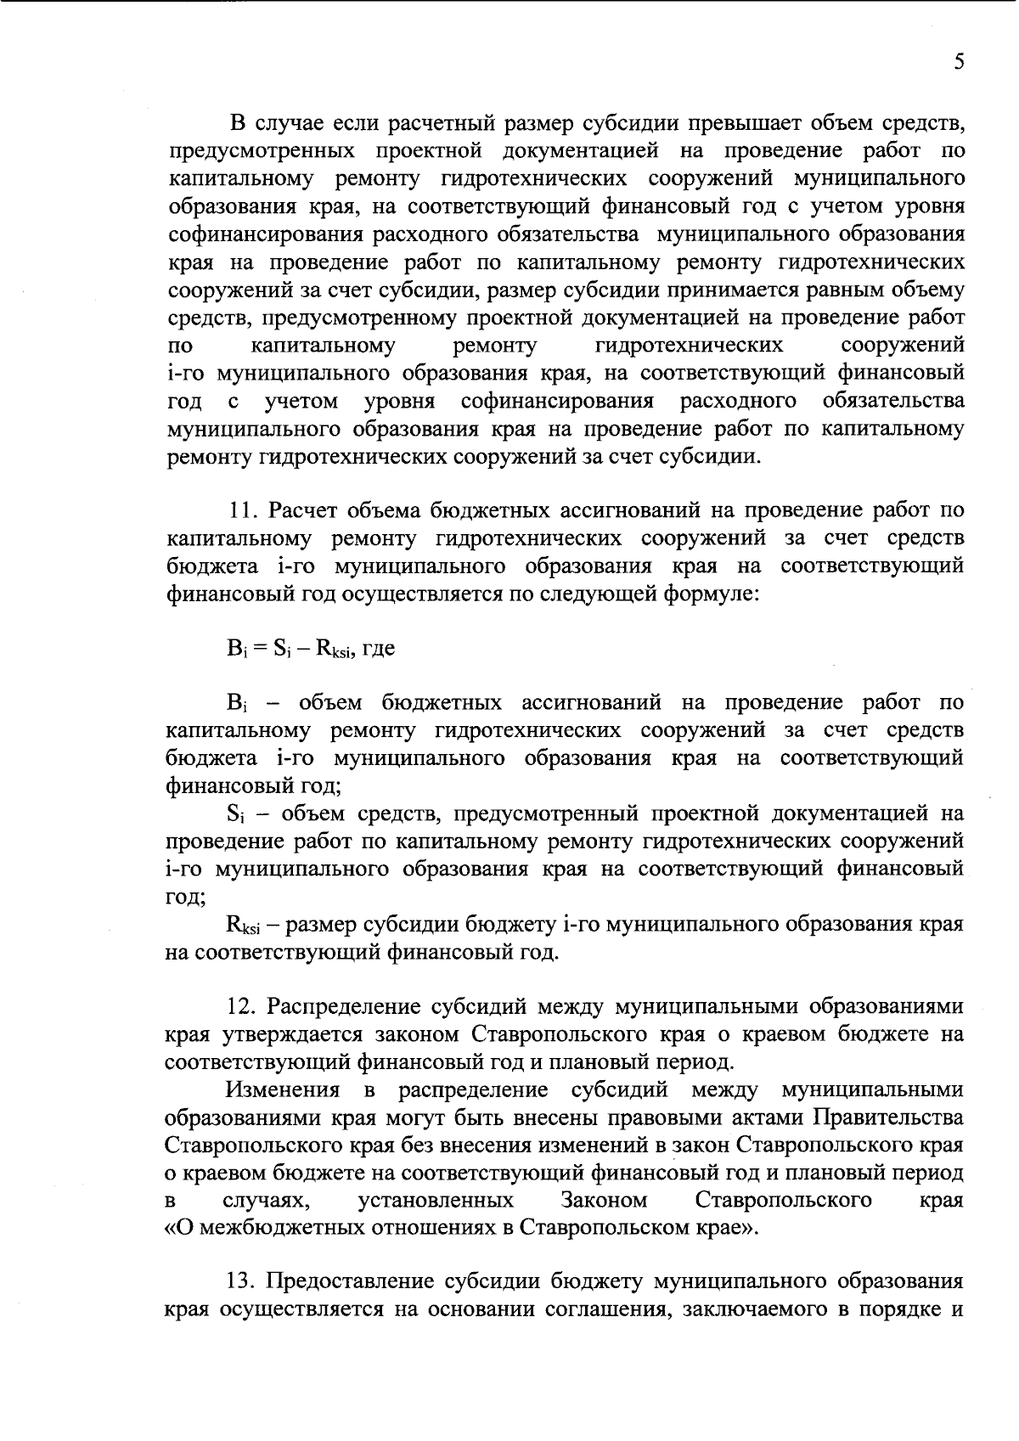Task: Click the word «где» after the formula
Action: [378, 650]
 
